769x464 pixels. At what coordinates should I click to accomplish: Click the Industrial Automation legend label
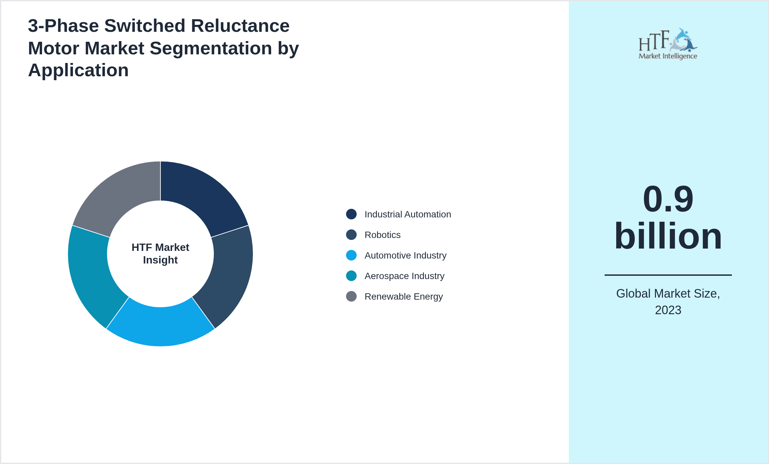pyautogui.click(x=408, y=214)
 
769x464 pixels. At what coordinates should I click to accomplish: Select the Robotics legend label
pyautogui.click(x=383, y=235)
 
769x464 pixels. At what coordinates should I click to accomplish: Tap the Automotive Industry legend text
pyautogui.click(x=405, y=256)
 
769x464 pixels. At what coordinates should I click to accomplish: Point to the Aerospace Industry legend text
pyautogui.click(x=404, y=276)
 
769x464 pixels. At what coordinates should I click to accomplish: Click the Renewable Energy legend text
pyautogui.click(x=403, y=297)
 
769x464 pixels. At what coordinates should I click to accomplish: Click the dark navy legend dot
pyautogui.click(x=351, y=214)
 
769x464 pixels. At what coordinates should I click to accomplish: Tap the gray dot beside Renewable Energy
pyautogui.click(x=351, y=296)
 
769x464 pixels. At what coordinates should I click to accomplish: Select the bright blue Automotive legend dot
pyautogui.click(x=351, y=255)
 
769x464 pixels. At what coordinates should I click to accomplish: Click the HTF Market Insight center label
pyautogui.click(x=160, y=254)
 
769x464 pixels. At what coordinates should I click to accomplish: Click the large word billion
pyautogui.click(x=668, y=236)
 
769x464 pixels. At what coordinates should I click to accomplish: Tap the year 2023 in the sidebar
pyautogui.click(x=668, y=310)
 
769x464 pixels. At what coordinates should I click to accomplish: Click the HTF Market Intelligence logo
pyautogui.click(x=668, y=44)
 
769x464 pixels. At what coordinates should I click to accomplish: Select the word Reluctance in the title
pyautogui.click(x=240, y=26)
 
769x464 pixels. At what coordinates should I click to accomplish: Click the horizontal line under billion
pyautogui.click(x=668, y=275)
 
